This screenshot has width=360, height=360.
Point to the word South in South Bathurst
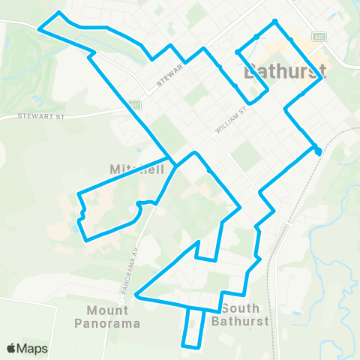[x=241, y=309]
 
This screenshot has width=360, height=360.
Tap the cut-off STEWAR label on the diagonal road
[x=170, y=80]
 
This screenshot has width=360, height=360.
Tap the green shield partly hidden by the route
[x=133, y=104]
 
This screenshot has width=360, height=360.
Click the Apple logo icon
[x=11, y=348]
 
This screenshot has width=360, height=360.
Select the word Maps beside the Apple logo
[x=33, y=348]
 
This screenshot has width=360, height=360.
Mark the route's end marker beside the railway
[x=318, y=151]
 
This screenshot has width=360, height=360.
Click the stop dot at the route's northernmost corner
[x=275, y=21]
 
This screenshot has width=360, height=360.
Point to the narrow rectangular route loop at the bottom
[x=193, y=328]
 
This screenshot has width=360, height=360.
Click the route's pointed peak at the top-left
[x=59, y=13]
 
